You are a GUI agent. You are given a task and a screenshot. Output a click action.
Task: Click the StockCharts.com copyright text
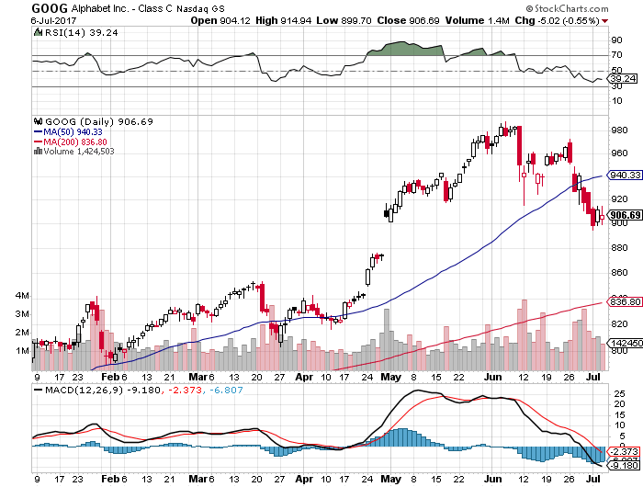pos(592,6)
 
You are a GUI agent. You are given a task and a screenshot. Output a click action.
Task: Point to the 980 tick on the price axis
pos(619,129)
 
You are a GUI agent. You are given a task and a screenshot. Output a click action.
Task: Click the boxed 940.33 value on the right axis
pos(621,175)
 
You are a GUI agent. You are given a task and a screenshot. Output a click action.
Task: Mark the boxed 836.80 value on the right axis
pos(621,301)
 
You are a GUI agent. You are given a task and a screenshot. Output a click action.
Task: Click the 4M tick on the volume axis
pos(21,296)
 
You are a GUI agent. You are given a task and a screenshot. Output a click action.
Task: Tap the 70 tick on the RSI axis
pos(615,56)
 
